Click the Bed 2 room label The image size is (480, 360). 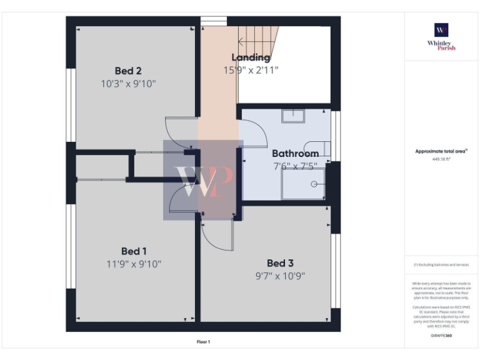click(x=127, y=71)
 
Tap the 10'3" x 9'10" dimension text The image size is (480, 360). click(x=127, y=83)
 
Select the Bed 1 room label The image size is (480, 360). click(x=134, y=251)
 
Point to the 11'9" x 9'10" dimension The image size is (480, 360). click(x=134, y=264)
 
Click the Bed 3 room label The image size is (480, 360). click(x=280, y=263)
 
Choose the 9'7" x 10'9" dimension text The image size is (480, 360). click(x=280, y=276)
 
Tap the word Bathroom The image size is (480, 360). click(x=295, y=154)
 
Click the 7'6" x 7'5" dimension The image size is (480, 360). click(x=295, y=166)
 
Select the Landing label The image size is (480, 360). click(x=251, y=57)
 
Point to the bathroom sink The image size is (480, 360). click(x=292, y=116)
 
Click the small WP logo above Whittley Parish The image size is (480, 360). click(x=441, y=30)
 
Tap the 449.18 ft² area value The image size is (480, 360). click(x=441, y=159)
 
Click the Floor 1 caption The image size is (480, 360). click(x=204, y=342)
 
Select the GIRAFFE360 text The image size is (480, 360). click(x=441, y=336)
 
